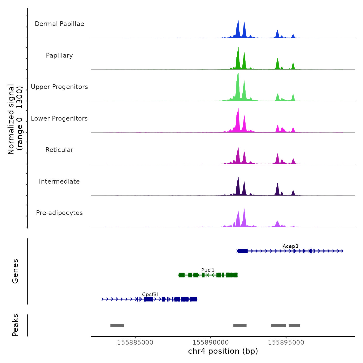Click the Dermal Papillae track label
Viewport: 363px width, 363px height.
59,24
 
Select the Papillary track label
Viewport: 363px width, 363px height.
59,55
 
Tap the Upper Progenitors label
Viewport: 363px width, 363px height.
59,87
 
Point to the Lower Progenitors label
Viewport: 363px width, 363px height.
59,118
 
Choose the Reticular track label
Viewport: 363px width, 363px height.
59,150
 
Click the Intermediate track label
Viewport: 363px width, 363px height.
59,181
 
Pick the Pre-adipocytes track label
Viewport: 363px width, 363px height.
59,213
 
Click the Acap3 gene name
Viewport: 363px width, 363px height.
290,246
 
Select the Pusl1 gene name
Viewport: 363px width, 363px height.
208,270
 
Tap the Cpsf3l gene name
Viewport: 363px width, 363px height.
150,294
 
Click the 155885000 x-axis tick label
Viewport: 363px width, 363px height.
135,342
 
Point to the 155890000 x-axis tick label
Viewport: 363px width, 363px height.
211,342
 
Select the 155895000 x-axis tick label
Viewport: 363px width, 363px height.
286,342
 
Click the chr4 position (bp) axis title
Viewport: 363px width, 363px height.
223,351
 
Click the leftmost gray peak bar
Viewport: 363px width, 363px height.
117,325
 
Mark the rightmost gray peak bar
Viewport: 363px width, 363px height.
294,325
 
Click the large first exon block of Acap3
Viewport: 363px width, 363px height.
243,251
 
